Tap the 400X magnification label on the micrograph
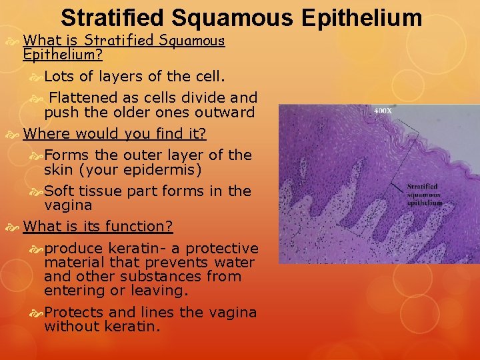pos(383,110)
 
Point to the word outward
pos(224,112)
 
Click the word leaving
pos(163,291)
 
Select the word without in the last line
pos(72,327)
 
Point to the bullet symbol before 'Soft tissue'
pos(37,191)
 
